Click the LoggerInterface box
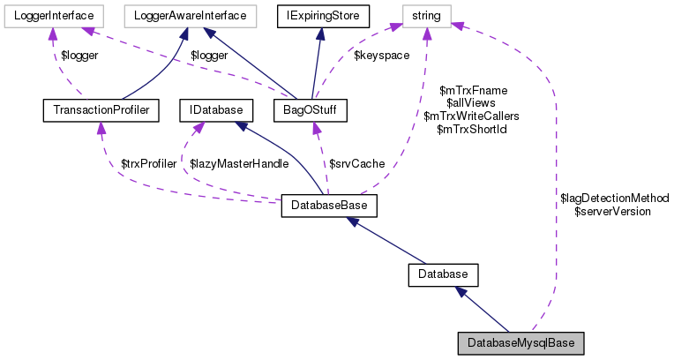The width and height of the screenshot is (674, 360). coord(53,14)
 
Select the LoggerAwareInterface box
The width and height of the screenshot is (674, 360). coord(190,14)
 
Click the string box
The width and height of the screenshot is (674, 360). coord(427,14)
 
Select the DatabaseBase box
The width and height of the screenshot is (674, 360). coord(329,206)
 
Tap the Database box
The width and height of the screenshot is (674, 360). coord(443,274)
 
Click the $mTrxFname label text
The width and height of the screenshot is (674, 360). coord(473,90)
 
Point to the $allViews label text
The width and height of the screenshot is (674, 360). coord(473,103)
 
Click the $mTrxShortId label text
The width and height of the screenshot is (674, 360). coord(473,130)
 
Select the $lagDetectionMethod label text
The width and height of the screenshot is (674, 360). coord(615,199)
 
